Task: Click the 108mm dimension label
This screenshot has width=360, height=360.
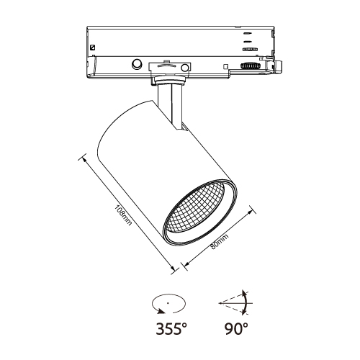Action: point(123,215)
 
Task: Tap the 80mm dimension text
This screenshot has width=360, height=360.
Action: point(220,241)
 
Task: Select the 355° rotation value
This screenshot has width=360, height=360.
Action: point(171,328)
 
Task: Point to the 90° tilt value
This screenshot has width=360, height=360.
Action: point(237,328)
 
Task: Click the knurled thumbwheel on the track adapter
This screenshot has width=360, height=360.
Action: point(251,66)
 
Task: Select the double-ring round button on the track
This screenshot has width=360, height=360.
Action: point(137,63)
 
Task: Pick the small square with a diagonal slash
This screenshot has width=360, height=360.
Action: point(92,48)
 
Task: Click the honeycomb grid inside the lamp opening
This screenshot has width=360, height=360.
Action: point(196,207)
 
